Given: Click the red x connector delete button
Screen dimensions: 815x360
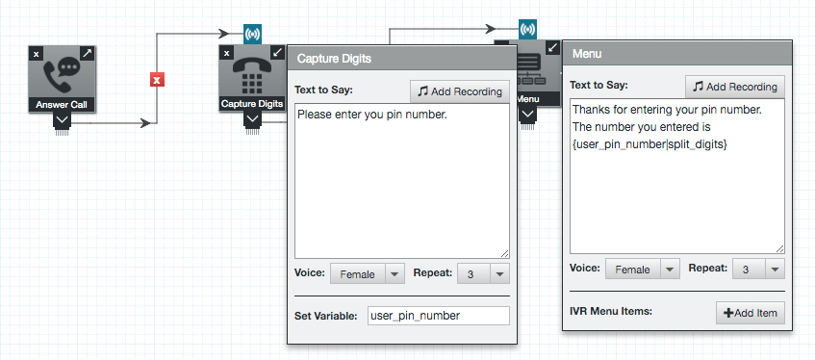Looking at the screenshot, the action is [x=157, y=80].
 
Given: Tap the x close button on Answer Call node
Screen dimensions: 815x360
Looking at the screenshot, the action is [x=36, y=54].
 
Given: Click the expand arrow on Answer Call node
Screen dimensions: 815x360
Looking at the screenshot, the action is [x=88, y=53].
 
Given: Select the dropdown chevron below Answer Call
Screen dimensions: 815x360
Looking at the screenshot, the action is [x=62, y=120].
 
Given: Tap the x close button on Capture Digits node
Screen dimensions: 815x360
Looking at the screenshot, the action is [x=227, y=53].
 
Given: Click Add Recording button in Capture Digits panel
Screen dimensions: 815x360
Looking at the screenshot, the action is [x=460, y=91].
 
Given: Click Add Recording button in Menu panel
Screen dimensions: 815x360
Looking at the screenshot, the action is [x=735, y=87].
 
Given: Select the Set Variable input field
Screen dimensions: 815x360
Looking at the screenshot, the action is [x=439, y=316].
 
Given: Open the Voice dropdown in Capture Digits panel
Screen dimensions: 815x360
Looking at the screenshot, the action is [x=367, y=274].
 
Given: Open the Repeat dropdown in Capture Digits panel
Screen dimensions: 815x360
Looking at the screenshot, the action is [x=483, y=274].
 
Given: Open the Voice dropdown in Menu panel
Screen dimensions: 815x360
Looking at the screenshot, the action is [x=643, y=269].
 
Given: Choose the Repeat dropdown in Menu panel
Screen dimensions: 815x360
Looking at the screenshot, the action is [x=759, y=269].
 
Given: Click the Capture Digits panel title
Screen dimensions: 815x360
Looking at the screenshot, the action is [x=334, y=59].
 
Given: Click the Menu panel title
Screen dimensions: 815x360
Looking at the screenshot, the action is [x=587, y=54].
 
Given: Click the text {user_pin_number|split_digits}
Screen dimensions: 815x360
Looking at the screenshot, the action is [x=649, y=145].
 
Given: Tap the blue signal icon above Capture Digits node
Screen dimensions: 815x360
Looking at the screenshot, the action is [x=253, y=35].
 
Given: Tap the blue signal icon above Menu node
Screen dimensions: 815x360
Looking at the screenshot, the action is [x=527, y=29].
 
